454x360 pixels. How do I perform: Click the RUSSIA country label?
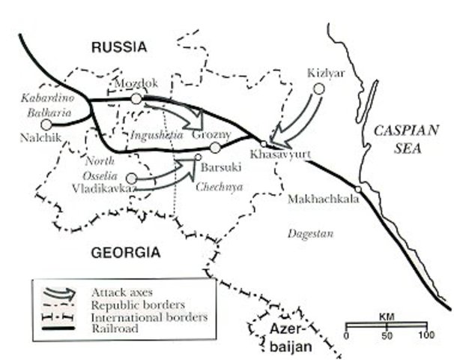pyautogui.click(x=120, y=47)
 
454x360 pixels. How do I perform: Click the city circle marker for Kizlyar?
pyautogui.click(x=318, y=88)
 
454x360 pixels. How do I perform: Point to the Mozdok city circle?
pyautogui.click(x=136, y=98)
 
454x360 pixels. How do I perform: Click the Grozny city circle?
pyautogui.click(x=215, y=148)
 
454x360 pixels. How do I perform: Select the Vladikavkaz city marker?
pyautogui.click(x=132, y=178)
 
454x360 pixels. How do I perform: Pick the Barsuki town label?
pyautogui.click(x=220, y=169)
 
